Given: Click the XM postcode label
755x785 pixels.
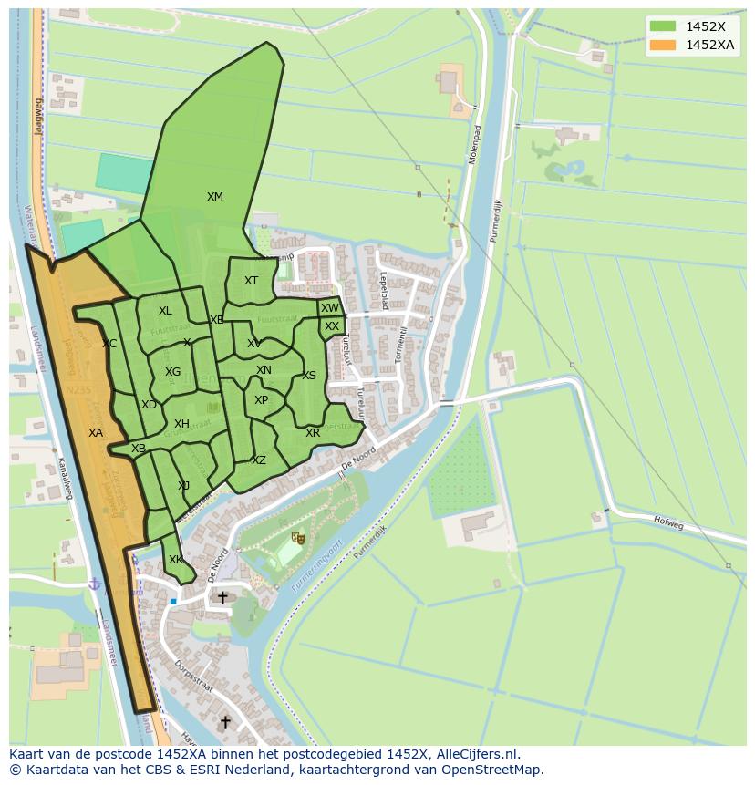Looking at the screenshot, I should [x=214, y=197].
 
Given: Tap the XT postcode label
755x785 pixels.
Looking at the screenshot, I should [x=251, y=281].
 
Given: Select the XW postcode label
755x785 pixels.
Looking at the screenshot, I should [x=329, y=308].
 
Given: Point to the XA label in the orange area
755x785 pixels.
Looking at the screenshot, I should [x=96, y=433].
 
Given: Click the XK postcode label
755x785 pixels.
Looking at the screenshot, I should [x=175, y=560].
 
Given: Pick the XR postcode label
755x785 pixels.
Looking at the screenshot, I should [x=313, y=433].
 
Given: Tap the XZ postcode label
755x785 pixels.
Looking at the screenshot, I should [x=259, y=460].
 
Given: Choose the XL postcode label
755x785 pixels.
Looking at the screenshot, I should [x=165, y=311].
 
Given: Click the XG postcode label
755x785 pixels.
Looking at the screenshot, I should [x=172, y=372].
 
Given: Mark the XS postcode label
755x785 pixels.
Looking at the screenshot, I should [x=309, y=376].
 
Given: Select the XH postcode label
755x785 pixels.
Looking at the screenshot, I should [x=181, y=424].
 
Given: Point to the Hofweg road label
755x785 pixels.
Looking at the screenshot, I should [x=667, y=522].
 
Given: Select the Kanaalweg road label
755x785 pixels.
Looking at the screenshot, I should [x=65, y=478].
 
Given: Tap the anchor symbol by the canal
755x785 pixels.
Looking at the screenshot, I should [x=93, y=583].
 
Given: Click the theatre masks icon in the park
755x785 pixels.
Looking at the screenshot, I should [x=295, y=539].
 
